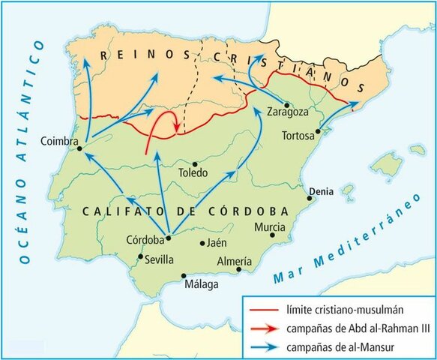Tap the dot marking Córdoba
[x=169, y=238]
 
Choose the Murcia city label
[x=270, y=226]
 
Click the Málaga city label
[x=202, y=286]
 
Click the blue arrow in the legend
[x=264, y=346]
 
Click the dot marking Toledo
[x=195, y=163]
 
